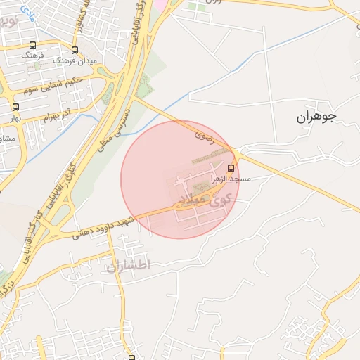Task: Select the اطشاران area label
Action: coord(129,266)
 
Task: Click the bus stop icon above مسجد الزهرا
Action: coord(232,167)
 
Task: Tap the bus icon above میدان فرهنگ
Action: coord(75,50)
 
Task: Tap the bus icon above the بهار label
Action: coord(15,107)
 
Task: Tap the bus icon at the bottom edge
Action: coord(131,357)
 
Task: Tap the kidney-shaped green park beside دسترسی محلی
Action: coord(143,88)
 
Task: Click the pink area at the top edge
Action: coord(160,4)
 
